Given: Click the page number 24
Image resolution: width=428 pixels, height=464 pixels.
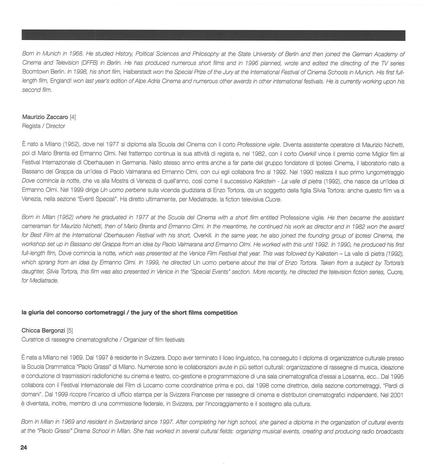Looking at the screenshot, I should [x=23, y=448].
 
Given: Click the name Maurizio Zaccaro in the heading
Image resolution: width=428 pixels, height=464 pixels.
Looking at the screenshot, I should [x=45, y=117].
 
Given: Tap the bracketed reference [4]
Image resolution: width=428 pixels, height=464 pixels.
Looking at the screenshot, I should [x=73, y=117].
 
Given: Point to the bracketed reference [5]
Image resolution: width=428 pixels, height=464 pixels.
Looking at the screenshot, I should [x=70, y=330].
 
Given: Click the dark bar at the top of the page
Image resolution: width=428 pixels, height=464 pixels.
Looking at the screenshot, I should [x=213, y=36].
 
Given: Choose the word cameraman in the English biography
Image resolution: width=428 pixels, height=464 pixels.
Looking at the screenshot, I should [x=36, y=226].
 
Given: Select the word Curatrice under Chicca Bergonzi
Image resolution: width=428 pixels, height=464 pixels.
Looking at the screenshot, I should [x=33, y=340].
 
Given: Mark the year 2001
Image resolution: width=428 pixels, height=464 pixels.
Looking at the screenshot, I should [x=397, y=395].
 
